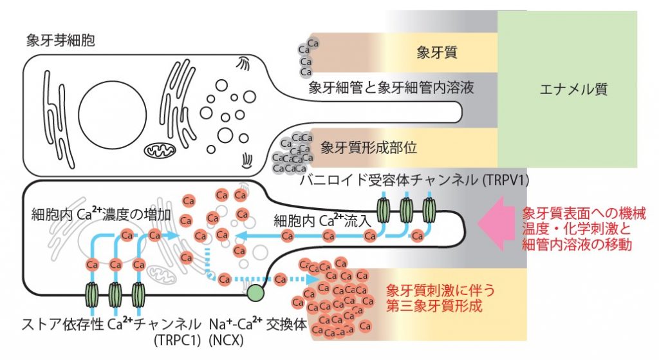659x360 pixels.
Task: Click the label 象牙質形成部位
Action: pyautogui.click(x=369, y=146)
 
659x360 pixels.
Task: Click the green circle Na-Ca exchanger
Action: pyautogui.click(x=256, y=293)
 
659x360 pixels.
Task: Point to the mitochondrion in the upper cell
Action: pyautogui.click(x=158, y=152)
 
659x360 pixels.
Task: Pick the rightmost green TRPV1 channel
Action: pyautogui.click(x=430, y=211)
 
